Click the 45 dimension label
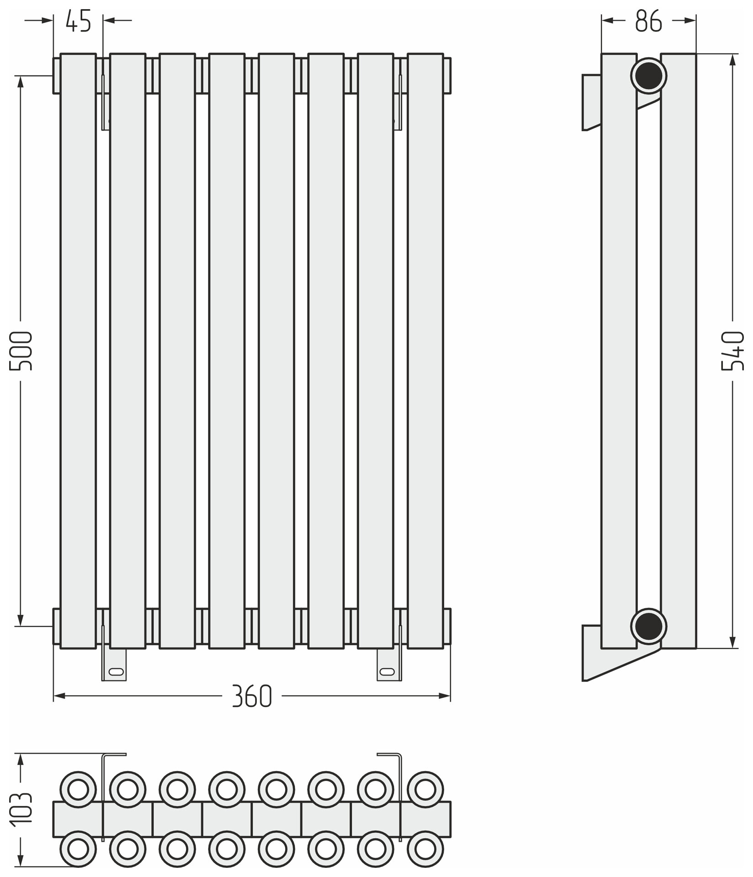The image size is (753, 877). pos(78,21)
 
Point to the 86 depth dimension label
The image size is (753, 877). pos(648,21)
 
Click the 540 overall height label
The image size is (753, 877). pos(733,351)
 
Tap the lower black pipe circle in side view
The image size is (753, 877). pos(648,626)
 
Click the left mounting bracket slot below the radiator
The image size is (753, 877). pos(116,671)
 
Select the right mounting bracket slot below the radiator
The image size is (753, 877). pos(387,671)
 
